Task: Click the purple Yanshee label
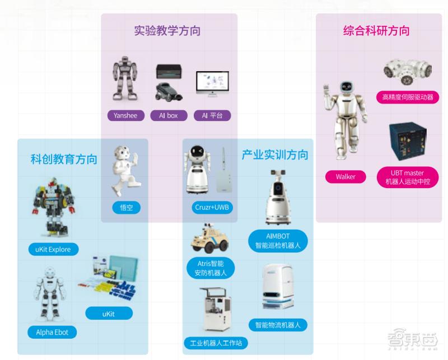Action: (x=125, y=115)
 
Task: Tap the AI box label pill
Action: (x=169, y=115)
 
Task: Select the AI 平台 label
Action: (x=212, y=115)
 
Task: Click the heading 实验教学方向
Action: (x=167, y=31)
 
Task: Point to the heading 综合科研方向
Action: (x=376, y=31)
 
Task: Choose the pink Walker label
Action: (x=346, y=176)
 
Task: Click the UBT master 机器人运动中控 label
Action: (x=408, y=177)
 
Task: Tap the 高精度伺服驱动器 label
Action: (x=408, y=97)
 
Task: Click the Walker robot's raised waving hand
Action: (x=326, y=91)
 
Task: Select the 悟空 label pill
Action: (x=127, y=207)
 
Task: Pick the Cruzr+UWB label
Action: (x=212, y=207)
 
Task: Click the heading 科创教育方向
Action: (x=64, y=159)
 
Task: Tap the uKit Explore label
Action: (x=53, y=249)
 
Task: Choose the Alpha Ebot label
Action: (x=52, y=332)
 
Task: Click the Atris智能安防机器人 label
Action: (x=211, y=268)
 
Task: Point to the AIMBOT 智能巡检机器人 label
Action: (x=278, y=241)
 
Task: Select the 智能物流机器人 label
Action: (x=278, y=325)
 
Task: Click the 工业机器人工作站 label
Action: (x=216, y=343)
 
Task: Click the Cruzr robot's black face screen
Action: (x=197, y=151)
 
